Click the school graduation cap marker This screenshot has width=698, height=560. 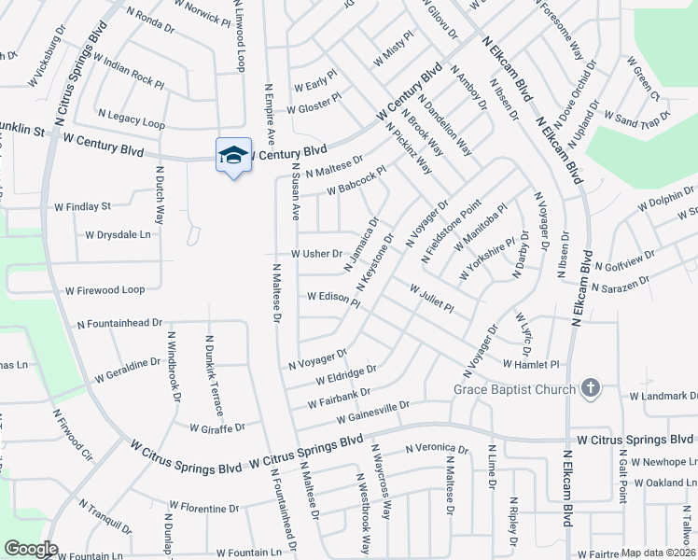[233, 155]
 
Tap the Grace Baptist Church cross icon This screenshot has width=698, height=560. [589, 388]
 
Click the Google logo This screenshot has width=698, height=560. [31, 549]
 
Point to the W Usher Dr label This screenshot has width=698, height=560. [317, 254]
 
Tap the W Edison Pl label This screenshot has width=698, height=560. [333, 298]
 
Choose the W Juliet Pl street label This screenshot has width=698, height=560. [431, 299]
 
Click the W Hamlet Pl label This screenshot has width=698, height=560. [530, 364]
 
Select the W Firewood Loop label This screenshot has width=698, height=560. [105, 290]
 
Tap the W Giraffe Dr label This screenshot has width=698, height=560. [216, 427]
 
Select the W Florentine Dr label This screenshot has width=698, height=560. [203, 510]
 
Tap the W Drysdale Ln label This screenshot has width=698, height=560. [117, 235]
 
